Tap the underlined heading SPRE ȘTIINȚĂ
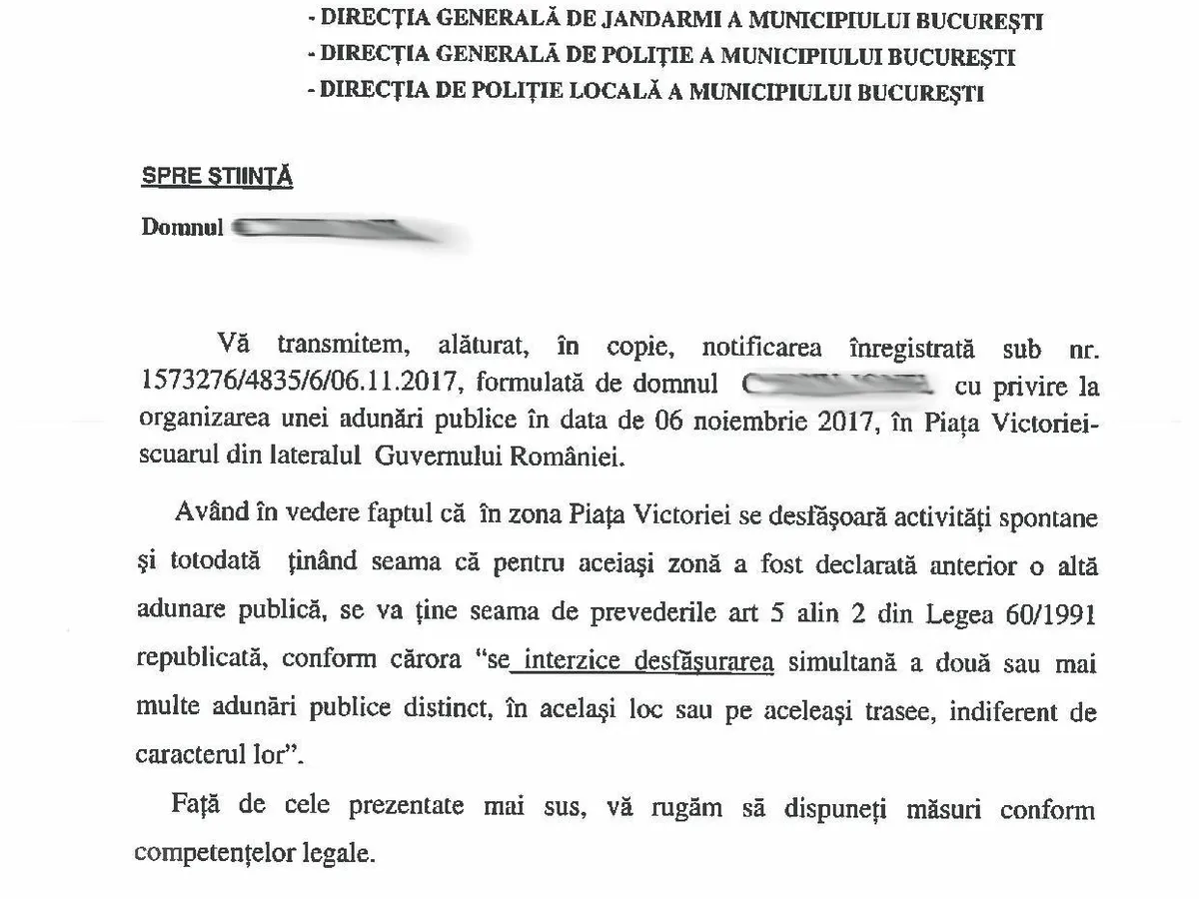[217, 177]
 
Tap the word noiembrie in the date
[737, 424]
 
